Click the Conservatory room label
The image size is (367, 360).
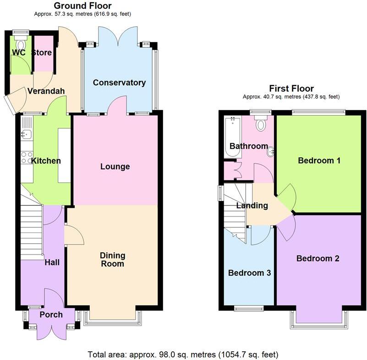pos(119,83)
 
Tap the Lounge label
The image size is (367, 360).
pos(115,166)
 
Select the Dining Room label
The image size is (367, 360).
pos(113,260)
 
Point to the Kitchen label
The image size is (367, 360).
pos(46,161)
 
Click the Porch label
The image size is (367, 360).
pos(51,315)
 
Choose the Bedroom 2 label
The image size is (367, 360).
pos(318,259)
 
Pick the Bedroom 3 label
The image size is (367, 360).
pos(250,273)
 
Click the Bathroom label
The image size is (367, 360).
pos(249,146)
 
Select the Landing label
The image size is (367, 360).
pos(252,205)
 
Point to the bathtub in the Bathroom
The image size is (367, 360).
pos(232,137)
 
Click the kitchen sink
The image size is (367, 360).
pos(26,134)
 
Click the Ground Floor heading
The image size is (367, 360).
pos(82,6)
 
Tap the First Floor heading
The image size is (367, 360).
pos(291,89)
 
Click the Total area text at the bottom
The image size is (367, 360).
pos(183,354)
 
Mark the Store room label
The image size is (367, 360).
pos(42,52)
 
